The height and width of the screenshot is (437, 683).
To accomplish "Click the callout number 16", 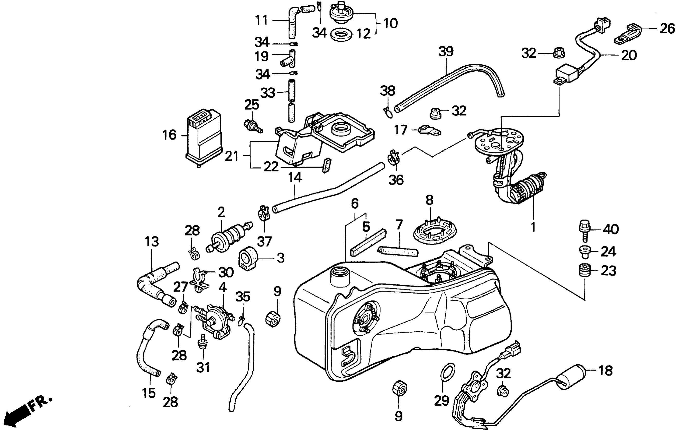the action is (169, 135).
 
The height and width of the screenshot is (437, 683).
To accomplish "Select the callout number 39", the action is (446, 52).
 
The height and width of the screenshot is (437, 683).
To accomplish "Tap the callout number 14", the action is (295, 178).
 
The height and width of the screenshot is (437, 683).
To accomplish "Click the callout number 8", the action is (429, 200).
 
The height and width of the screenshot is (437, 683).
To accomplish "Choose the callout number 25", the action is (252, 105).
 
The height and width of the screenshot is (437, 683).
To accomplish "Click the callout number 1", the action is (533, 227).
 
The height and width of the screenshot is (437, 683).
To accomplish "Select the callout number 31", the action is (203, 368).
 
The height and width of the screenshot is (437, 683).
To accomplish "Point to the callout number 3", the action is (280, 258).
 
